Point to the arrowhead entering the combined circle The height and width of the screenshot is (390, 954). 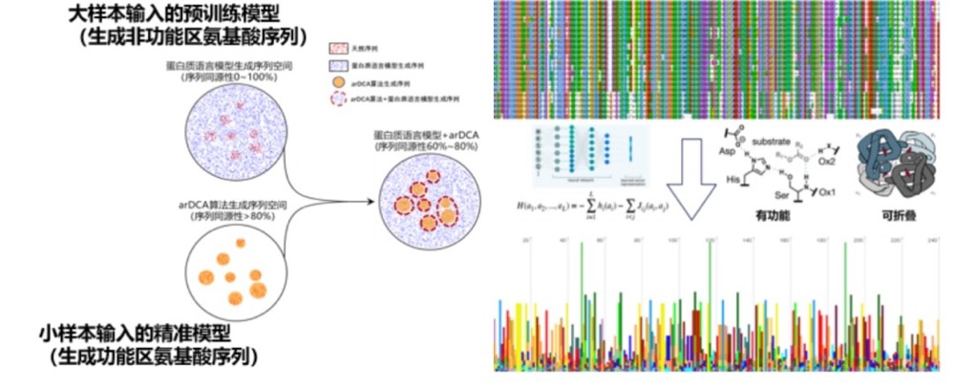pyautogui.click(x=371, y=201)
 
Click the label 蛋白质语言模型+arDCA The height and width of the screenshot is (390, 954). pyautogui.click(x=426, y=136)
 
